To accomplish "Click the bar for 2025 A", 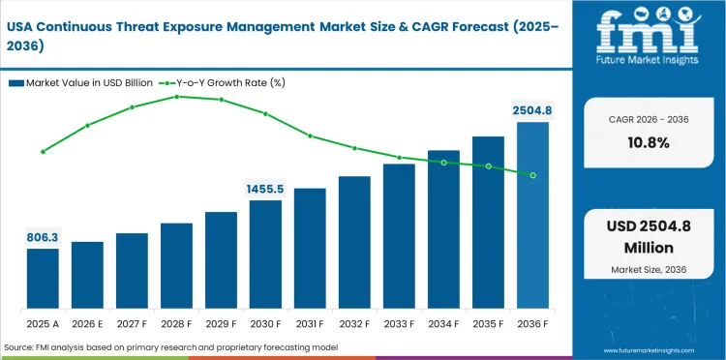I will click(x=43, y=278).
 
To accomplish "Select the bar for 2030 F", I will click(x=265, y=254).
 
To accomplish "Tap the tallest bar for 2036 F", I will click(x=532, y=214).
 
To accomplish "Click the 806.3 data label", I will click(x=43, y=236).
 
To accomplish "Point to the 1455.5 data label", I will click(x=265, y=189).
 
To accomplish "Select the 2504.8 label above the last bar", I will click(x=532, y=110).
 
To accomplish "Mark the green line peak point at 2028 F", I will click(x=176, y=96).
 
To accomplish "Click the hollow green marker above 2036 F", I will click(x=532, y=175).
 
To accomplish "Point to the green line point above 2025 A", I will click(x=43, y=152).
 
